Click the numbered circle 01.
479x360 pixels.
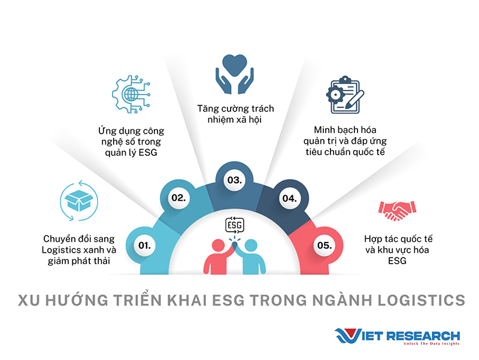(144, 246)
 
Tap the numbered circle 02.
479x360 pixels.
(178, 198)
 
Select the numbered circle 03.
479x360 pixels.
(235, 180)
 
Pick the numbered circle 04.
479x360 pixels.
(290, 199)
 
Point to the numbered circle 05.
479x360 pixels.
(325, 246)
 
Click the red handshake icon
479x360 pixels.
(397, 211)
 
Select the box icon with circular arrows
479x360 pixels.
(79, 201)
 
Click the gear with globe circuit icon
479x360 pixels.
(131, 94)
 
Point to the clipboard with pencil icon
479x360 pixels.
(345, 95)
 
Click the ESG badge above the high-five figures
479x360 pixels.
(235, 225)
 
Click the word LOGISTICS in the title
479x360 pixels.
(422, 300)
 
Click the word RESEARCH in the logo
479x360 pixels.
(423, 336)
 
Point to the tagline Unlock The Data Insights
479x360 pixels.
(431, 344)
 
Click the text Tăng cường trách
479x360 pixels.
(235, 108)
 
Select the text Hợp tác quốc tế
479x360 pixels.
(398, 238)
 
